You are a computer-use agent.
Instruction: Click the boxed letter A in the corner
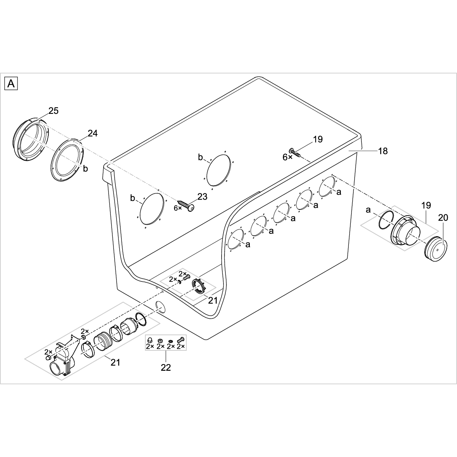[x=11, y=84]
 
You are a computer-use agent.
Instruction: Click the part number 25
[x=53, y=111]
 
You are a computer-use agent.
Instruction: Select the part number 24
[x=93, y=133]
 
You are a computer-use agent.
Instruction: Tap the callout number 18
[x=383, y=151]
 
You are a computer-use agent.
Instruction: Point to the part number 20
[x=443, y=217]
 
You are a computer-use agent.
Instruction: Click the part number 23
[x=202, y=197]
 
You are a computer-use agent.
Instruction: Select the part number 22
[x=166, y=368]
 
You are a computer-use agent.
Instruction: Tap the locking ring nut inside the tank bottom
[x=199, y=286]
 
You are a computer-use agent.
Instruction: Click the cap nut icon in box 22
[x=149, y=340]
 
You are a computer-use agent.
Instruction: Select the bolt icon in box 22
[x=181, y=340]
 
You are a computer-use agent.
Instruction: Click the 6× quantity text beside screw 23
[x=177, y=208]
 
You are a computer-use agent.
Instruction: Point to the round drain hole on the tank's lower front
[x=161, y=307]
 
